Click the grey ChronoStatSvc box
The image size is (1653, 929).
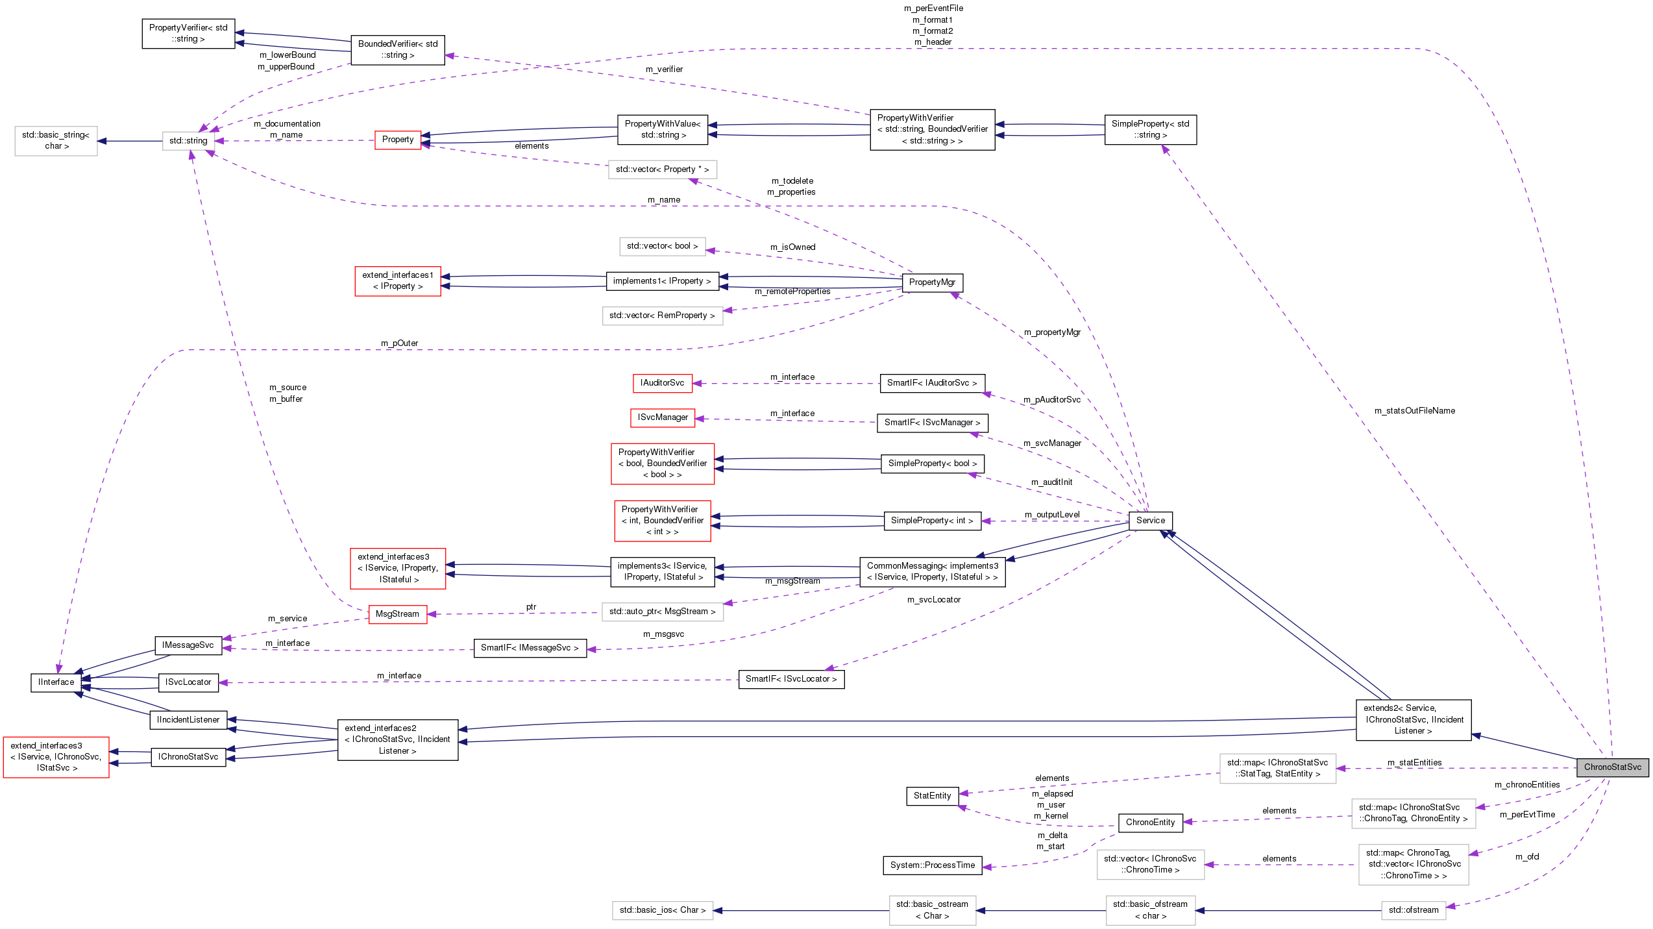tap(1612, 767)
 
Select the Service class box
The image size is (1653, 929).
tap(1150, 520)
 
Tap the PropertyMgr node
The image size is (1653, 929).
tap(932, 282)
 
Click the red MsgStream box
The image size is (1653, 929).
tap(397, 613)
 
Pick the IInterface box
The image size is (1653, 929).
tap(56, 682)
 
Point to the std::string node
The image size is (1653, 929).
tap(188, 140)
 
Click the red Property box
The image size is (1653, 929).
tap(397, 139)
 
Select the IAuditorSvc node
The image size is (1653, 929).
tap(662, 382)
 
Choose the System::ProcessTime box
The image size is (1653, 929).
tap(932, 865)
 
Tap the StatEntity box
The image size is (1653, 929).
tap(932, 795)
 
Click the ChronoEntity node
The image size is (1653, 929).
tap(1150, 822)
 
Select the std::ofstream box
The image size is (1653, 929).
tap(1413, 910)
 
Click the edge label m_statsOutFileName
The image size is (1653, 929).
tap(1414, 410)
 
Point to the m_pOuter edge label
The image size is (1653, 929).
tap(399, 343)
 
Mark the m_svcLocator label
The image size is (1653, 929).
tap(933, 599)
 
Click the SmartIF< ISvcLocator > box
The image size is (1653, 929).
tap(790, 678)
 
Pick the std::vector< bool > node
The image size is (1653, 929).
tap(662, 245)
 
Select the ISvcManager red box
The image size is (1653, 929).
tap(662, 417)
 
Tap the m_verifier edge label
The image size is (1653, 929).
tap(664, 69)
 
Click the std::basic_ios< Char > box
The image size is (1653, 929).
tap(662, 910)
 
